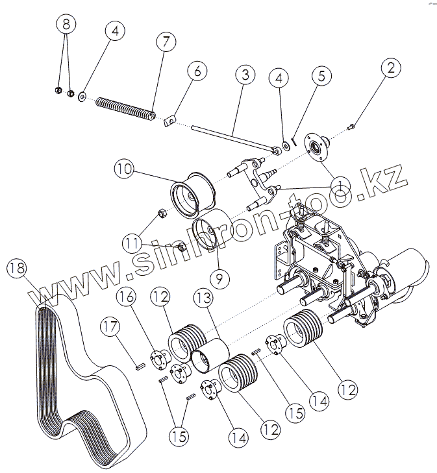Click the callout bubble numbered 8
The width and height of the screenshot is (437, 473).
point(66,26)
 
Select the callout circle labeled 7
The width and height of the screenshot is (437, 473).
point(165,42)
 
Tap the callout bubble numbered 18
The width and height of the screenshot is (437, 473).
point(18,267)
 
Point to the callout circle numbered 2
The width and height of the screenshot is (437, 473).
point(391,67)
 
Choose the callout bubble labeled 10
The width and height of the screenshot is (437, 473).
point(125,170)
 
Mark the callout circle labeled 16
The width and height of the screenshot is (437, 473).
point(127,298)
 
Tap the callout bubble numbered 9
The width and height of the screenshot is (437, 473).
point(219,279)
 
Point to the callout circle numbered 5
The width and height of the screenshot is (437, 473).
point(321,75)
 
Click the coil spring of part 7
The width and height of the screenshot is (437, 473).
point(126,108)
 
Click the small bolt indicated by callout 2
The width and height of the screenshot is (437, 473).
point(351,125)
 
